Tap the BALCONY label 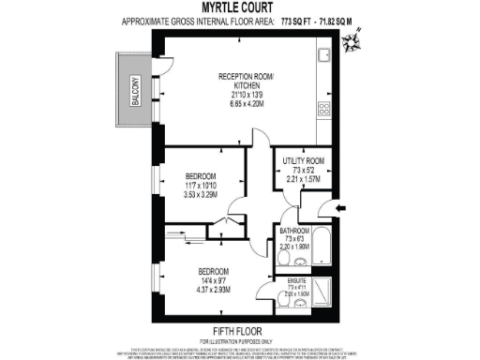coord(135,93)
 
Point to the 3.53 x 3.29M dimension coord(201,195)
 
